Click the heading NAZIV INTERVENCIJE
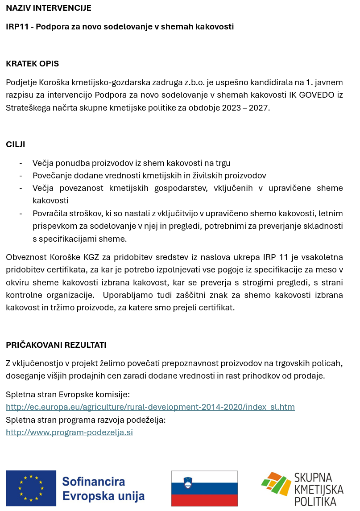pos(49,8)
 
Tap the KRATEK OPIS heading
pos(33,64)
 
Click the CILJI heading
pos(16,144)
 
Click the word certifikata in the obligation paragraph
pos(64,270)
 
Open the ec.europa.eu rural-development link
pos(150,407)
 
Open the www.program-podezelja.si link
pos(69,433)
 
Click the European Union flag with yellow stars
pos(31,488)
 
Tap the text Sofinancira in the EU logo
pos(94,482)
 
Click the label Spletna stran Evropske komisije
pos(68,395)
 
